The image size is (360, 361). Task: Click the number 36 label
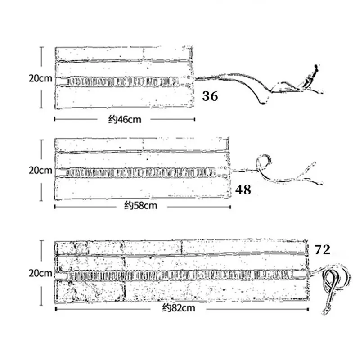click(210, 96)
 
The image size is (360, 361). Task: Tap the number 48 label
click(243, 190)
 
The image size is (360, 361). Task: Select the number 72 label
click(323, 250)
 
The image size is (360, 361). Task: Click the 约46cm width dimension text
click(125, 119)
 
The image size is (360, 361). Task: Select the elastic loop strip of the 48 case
click(139, 171)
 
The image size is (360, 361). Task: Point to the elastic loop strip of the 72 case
click(180, 274)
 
